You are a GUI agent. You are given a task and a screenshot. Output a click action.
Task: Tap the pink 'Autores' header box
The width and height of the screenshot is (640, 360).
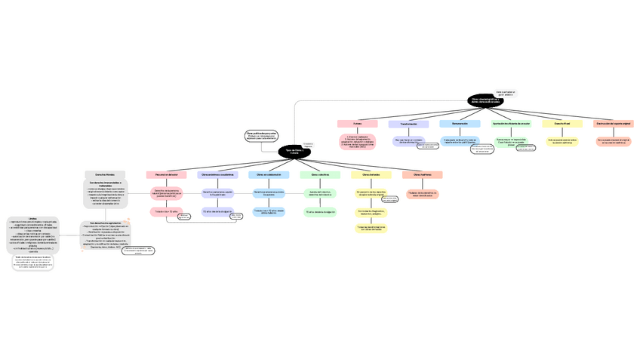click(x=357, y=123)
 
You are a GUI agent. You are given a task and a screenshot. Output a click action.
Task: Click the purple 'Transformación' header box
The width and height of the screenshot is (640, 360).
click(x=408, y=124)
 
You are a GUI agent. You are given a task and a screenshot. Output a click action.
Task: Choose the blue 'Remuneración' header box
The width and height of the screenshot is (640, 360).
click(x=460, y=123)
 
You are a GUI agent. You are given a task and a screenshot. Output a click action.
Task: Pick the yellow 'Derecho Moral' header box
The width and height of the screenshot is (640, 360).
click(x=562, y=123)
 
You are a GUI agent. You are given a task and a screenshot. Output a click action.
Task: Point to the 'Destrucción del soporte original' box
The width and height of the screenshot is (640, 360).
click(x=614, y=123)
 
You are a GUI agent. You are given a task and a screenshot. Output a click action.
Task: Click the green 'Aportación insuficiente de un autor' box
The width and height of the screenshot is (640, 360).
click(x=511, y=123)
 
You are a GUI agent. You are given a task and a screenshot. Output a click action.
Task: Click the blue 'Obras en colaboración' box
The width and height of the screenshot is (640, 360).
click(x=269, y=174)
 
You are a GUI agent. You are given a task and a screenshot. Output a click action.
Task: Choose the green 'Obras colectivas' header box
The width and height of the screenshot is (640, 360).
click(x=320, y=174)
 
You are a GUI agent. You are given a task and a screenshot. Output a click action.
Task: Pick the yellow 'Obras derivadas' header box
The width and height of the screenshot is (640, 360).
click(x=371, y=174)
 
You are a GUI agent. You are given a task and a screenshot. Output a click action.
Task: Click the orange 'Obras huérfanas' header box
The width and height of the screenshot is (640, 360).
click(x=423, y=174)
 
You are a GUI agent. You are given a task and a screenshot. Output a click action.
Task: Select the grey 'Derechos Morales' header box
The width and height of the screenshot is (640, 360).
click(x=105, y=174)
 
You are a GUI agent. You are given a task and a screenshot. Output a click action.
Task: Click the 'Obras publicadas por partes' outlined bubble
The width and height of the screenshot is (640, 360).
click(x=262, y=135)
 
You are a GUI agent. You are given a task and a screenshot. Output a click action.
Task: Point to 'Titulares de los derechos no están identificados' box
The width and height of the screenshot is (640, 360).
click(x=423, y=194)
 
